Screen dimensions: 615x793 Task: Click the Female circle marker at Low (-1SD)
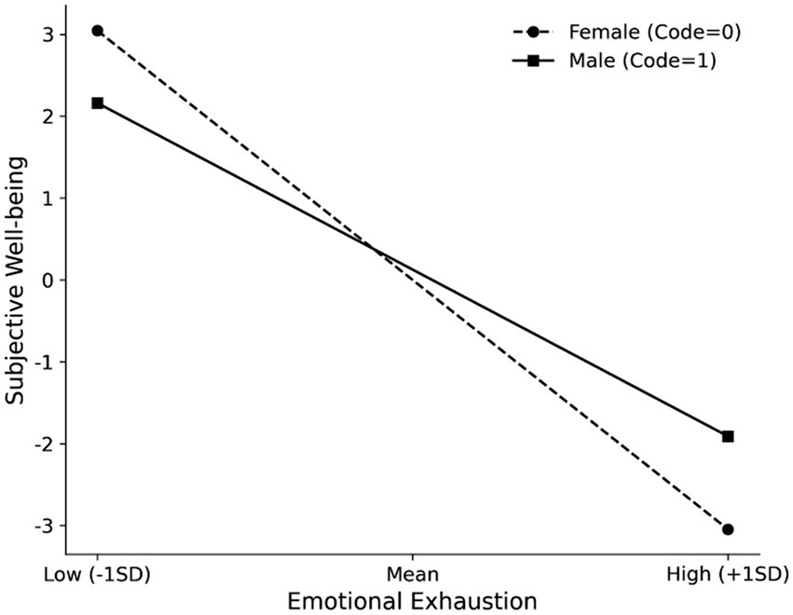coord(97,31)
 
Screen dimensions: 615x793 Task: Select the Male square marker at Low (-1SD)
coord(97,102)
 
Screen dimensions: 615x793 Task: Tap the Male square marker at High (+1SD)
coord(728,436)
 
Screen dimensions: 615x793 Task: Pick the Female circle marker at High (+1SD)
coord(728,529)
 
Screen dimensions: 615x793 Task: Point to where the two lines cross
coord(375,249)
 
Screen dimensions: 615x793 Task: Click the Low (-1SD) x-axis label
coord(97,572)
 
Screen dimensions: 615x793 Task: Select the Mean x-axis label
coord(412,572)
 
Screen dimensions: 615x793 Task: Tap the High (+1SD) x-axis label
coord(728,572)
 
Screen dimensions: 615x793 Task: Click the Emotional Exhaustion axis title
coord(412,598)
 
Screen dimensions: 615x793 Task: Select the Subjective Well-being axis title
coord(16,280)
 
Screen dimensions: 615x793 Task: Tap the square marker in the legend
coord(532,61)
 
